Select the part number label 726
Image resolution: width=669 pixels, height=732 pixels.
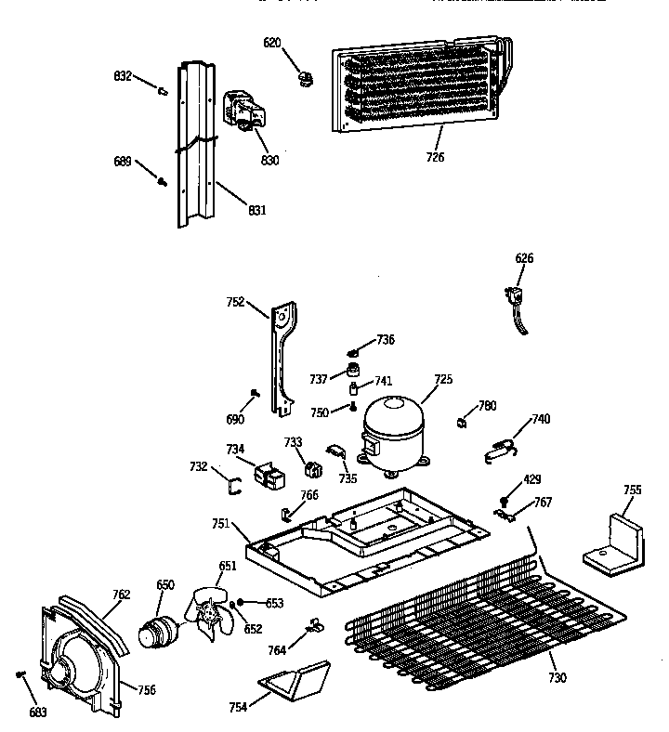pyautogui.click(x=435, y=157)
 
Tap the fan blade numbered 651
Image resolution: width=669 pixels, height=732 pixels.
pyautogui.click(x=212, y=615)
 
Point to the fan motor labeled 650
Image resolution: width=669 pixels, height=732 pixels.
pyautogui.click(x=153, y=631)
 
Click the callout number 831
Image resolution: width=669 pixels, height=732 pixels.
pyautogui.click(x=257, y=210)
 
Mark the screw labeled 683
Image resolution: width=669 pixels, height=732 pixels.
pyautogui.click(x=20, y=675)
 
